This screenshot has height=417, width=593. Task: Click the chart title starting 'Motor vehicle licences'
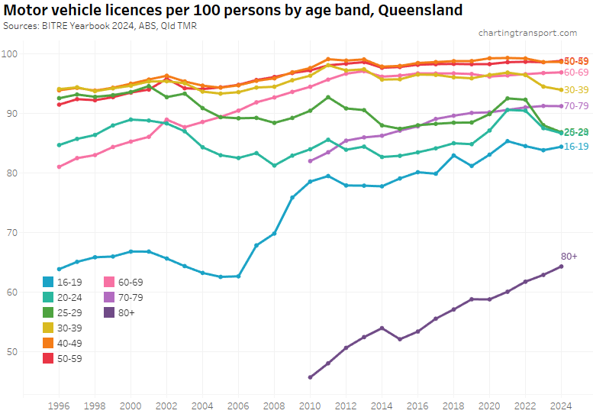point(233,10)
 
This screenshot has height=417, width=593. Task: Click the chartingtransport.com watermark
point(527,33)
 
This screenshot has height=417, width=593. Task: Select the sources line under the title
point(100,25)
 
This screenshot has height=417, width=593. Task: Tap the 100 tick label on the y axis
point(11,53)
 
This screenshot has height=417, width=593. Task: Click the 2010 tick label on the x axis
point(310,405)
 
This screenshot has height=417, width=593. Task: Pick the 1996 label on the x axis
point(59,405)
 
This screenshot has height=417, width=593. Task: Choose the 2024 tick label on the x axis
point(561,405)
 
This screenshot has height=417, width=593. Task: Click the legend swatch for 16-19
point(49,283)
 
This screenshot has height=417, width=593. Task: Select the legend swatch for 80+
point(110,312)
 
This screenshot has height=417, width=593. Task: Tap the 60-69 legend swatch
point(110,283)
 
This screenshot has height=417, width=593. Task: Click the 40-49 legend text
point(69,343)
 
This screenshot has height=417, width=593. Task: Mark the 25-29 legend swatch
point(49,312)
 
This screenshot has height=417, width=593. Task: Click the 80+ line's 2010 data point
point(310,377)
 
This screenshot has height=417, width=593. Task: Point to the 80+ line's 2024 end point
point(561,266)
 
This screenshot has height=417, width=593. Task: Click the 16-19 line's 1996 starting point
point(59,269)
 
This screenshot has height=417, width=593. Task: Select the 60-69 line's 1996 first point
point(59,166)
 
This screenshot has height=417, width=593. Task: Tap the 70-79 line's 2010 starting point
point(310,161)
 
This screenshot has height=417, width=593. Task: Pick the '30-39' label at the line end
point(576,90)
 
